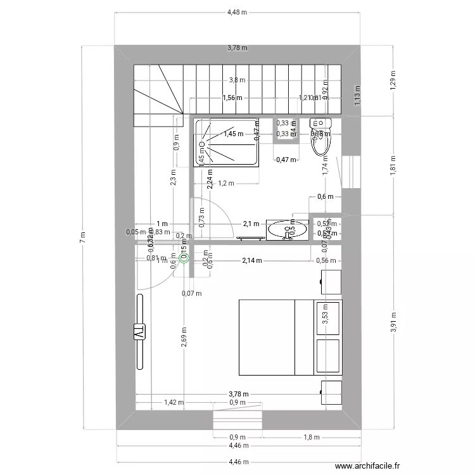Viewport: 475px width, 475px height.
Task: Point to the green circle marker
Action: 184,257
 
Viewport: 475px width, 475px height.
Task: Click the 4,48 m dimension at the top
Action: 237,12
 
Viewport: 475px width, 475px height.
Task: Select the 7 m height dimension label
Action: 81,237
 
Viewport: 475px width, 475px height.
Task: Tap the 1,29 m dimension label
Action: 392,81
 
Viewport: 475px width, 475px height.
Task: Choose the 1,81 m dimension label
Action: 392,166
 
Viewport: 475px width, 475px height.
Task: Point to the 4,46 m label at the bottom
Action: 237,462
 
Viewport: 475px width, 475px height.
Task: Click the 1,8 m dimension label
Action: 311,437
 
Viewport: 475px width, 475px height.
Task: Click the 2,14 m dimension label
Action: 252,260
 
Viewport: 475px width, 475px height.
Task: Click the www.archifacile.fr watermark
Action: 367,467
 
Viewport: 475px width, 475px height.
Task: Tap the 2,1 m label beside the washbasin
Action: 251,223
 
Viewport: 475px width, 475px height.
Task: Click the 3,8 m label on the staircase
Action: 237,80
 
